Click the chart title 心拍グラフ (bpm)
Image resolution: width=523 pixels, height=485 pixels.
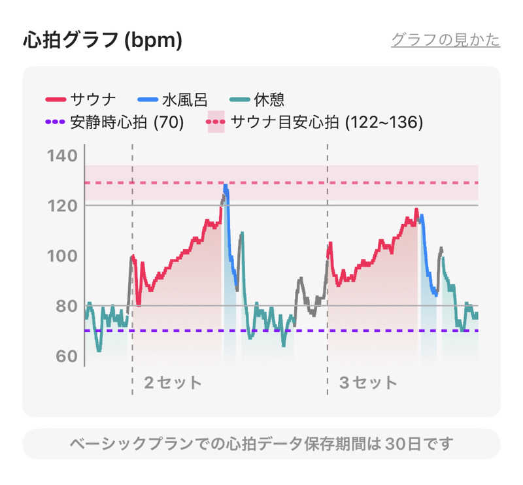click(x=103, y=40)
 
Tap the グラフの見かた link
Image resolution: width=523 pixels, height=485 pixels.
click(x=446, y=40)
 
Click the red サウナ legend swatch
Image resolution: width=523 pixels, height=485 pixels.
click(x=56, y=100)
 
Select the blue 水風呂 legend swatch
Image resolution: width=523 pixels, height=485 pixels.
click(x=148, y=100)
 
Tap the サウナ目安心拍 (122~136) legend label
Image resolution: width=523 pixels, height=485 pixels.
click(x=327, y=122)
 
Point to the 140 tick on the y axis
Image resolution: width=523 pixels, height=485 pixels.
click(x=63, y=156)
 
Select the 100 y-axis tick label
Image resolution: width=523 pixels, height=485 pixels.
click(x=63, y=256)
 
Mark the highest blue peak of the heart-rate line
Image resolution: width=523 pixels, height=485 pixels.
click(x=226, y=186)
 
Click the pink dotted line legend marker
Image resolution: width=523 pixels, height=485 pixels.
click(x=216, y=122)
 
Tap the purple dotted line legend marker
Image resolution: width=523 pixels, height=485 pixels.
click(x=56, y=122)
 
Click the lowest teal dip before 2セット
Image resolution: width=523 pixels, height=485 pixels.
click(x=99, y=350)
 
